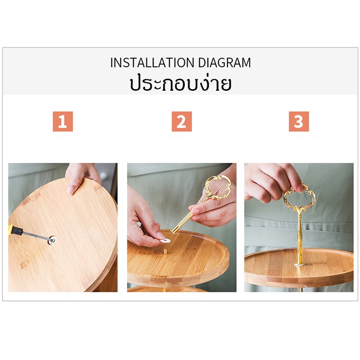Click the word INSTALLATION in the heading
(x=152, y=63)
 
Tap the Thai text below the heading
(x=180, y=83)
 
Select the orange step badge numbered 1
(x=62, y=121)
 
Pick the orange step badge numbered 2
(x=181, y=121)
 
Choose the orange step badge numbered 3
(x=299, y=121)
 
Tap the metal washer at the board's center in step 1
(x=51, y=239)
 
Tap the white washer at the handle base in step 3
(x=300, y=263)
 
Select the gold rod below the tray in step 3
(x=300, y=288)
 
